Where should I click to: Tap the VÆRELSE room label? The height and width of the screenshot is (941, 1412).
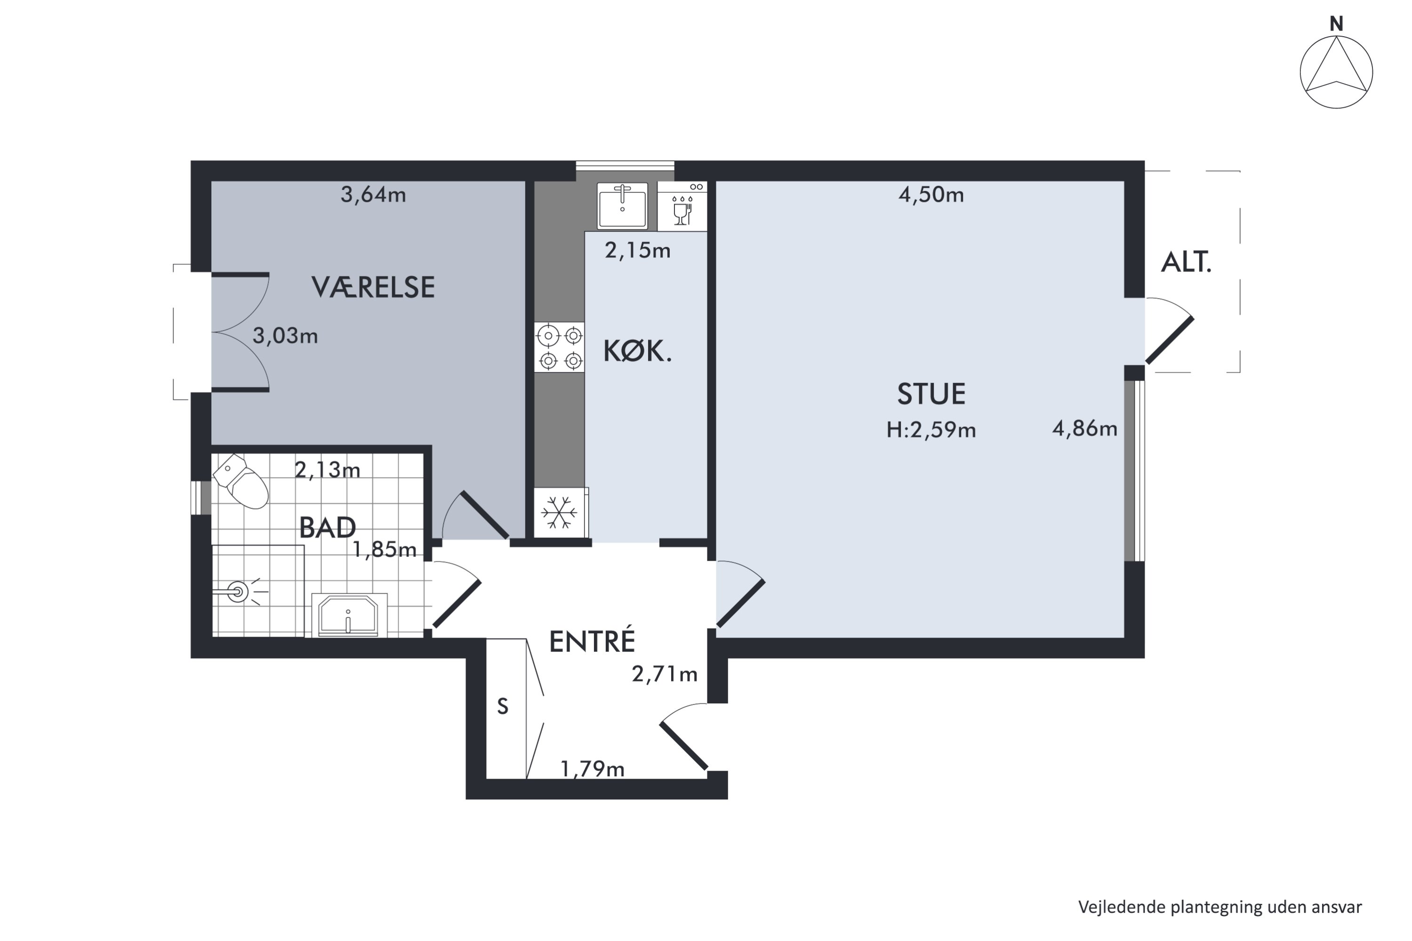[373, 287]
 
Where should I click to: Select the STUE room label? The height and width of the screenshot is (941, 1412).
[931, 394]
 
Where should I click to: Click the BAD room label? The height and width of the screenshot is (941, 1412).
[327, 527]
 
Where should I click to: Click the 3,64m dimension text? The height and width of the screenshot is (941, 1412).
[373, 194]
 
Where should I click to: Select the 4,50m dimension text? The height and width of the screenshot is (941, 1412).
[931, 194]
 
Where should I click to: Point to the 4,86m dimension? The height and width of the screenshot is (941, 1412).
[1085, 429]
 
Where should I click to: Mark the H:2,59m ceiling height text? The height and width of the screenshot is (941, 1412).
[931, 430]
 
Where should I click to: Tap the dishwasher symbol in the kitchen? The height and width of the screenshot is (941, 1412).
[682, 207]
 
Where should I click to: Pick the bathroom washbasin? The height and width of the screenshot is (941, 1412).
[349, 615]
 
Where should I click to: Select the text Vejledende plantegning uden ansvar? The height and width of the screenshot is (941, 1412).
[1220, 907]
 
